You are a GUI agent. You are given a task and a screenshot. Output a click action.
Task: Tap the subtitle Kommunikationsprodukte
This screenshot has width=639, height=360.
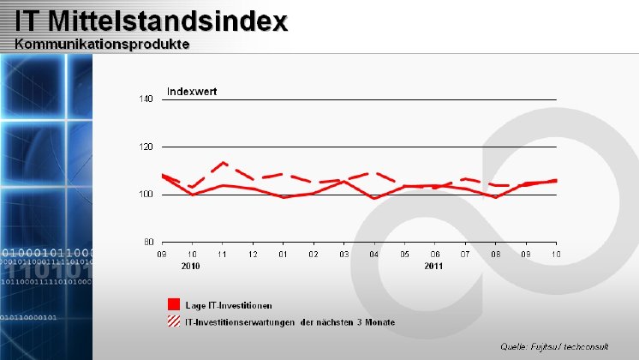[x=102, y=44]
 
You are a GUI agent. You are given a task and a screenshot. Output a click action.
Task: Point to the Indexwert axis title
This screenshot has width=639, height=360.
[x=192, y=91]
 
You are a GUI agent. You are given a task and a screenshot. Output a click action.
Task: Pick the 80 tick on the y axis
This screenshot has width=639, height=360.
[x=148, y=242]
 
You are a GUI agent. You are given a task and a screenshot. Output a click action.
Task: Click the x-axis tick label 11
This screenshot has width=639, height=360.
[x=223, y=255]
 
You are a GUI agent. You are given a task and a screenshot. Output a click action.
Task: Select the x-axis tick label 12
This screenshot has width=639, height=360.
[x=253, y=255]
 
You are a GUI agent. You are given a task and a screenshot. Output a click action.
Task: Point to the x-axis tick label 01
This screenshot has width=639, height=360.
[x=283, y=255]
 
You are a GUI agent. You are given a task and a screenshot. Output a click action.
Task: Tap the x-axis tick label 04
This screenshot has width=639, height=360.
[x=373, y=255]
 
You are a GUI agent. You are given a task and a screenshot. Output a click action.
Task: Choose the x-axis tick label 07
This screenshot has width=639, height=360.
[x=465, y=255]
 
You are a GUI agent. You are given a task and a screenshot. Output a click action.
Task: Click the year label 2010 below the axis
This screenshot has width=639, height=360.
[x=190, y=267]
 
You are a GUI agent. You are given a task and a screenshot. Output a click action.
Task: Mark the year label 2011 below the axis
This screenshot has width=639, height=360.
[x=434, y=267]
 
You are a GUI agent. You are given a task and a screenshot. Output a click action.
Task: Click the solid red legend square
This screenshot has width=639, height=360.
[x=173, y=304]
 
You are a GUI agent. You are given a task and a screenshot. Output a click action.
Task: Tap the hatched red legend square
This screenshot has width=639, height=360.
[x=173, y=321]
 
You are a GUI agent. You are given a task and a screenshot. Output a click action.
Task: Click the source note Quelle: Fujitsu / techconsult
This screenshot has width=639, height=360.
[x=554, y=346]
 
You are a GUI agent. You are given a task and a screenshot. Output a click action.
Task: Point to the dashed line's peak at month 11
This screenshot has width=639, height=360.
[x=223, y=162]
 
